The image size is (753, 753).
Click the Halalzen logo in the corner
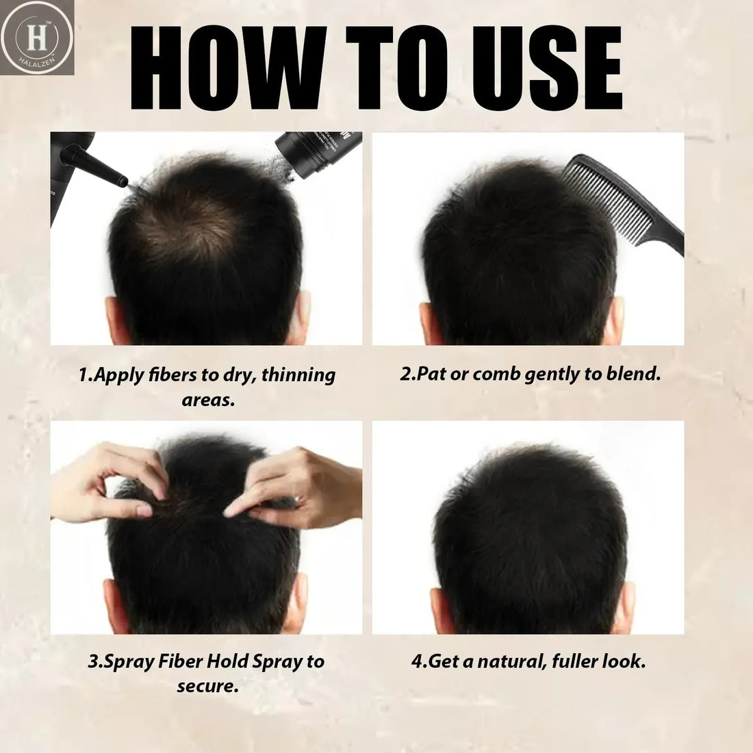point(37,36)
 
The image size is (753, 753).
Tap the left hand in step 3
point(113,479)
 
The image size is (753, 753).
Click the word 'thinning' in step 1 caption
point(299,376)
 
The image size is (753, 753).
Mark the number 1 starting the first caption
point(83,376)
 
